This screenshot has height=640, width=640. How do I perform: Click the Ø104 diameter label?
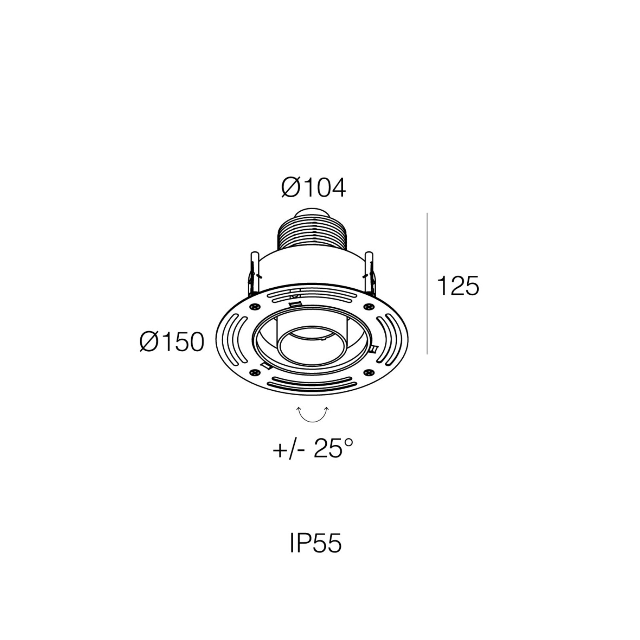point(313,188)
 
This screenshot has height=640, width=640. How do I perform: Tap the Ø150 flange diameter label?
point(172,342)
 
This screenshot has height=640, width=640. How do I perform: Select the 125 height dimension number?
point(458,286)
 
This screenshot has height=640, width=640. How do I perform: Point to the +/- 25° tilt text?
point(313,448)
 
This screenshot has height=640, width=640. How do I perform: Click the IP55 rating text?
point(316,544)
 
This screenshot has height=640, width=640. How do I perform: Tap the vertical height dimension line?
point(427,283)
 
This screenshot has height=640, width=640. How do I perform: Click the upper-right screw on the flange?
point(368,306)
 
